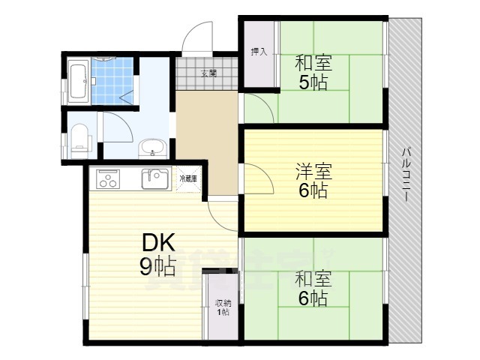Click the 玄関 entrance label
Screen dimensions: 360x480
click(x=208, y=73)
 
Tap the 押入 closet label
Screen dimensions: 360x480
click(x=256, y=52)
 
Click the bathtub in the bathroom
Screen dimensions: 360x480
click(x=79, y=82)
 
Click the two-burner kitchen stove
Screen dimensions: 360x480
click(x=107, y=180)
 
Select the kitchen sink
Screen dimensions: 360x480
click(x=156, y=178)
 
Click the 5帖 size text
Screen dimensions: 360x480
click(x=313, y=82)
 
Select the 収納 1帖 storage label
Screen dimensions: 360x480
click(x=223, y=307)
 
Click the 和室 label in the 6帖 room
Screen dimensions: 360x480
click(x=313, y=279)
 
